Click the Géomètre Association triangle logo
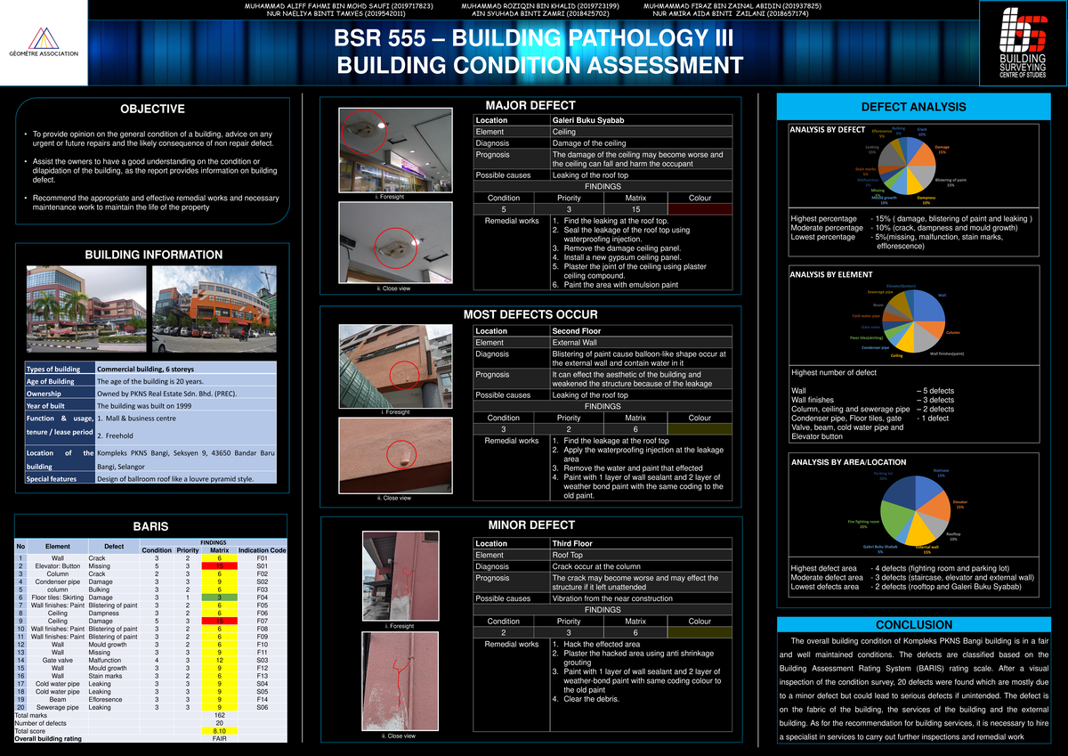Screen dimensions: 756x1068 click(43, 39)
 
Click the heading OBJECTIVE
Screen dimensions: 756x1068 click(152, 110)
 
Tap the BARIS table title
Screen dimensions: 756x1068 click(151, 526)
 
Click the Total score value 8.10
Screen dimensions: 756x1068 click(219, 730)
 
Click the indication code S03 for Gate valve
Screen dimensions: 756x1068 click(263, 660)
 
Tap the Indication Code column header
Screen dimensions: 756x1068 click(263, 550)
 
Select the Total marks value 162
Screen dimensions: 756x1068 click(219, 715)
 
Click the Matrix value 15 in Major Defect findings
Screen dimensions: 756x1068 click(635, 208)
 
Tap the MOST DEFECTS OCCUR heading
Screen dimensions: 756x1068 click(530, 315)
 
